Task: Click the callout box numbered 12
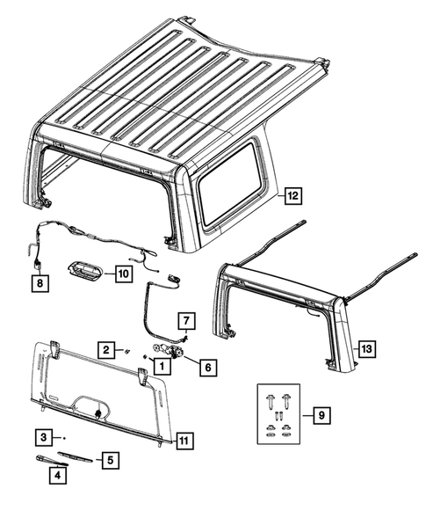(293, 196)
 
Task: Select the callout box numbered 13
(367, 349)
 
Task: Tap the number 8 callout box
(40, 283)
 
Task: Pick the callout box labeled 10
(124, 274)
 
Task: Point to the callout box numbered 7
(186, 320)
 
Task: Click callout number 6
(208, 367)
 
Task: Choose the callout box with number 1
(162, 366)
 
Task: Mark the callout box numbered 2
(106, 350)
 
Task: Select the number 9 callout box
(321, 415)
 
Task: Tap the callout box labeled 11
(184, 441)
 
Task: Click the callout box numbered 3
(44, 438)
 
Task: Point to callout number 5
(110, 460)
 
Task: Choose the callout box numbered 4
(58, 476)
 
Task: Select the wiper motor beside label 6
(168, 351)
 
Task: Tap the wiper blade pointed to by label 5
(75, 456)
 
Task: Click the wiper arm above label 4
(52, 460)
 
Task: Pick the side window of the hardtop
(230, 183)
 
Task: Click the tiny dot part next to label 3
(64, 438)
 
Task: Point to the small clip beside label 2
(126, 351)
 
